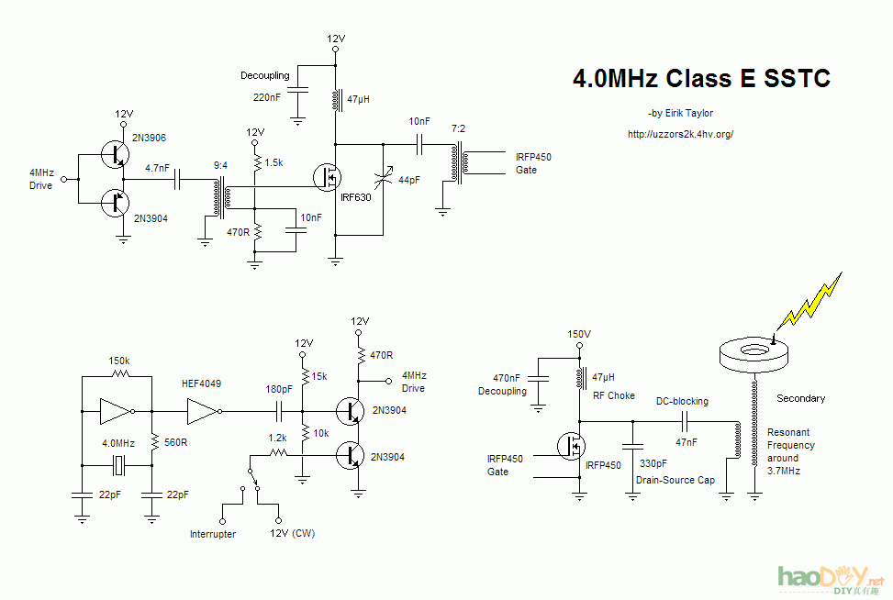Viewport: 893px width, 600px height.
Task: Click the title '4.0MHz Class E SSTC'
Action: tap(701, 79)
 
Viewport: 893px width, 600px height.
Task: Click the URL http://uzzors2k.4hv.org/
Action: tap(680, 134)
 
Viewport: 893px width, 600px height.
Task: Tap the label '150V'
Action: tap(579, 334)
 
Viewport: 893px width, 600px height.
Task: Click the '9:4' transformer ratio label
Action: tap(220, 165)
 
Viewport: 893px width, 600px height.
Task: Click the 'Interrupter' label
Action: tap(213, 534)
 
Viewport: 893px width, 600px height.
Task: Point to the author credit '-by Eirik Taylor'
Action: tap(680, 114)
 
